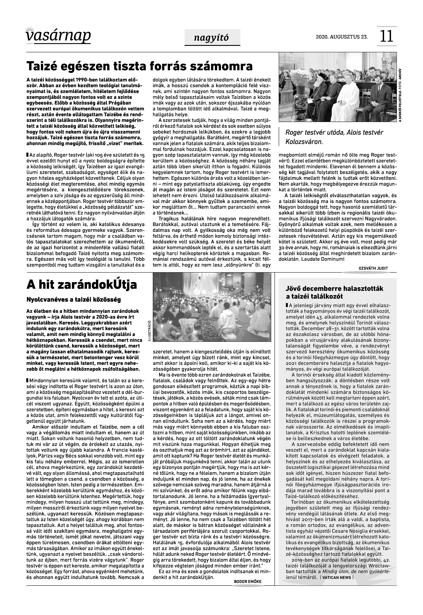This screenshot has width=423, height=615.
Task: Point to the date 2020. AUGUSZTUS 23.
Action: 342,37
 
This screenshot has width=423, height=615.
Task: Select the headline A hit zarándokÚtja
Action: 82,285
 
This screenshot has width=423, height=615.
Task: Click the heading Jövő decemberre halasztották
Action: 335,288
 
